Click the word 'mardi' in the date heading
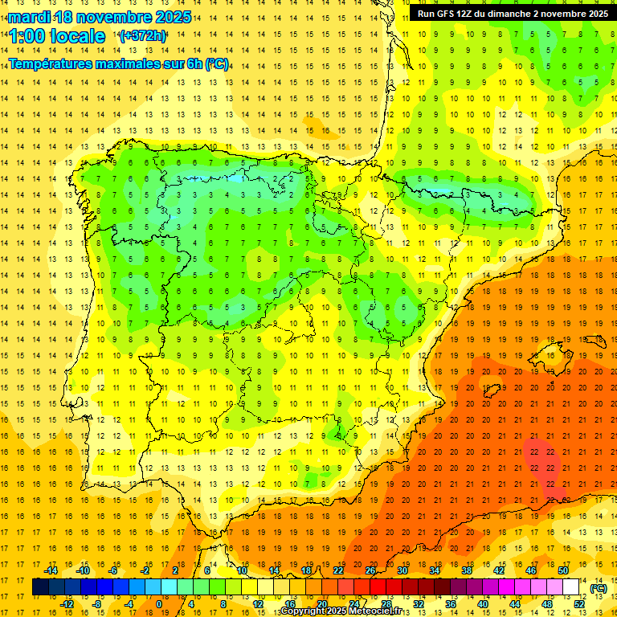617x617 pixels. click(28, 17)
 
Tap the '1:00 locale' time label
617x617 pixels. click(57, 36)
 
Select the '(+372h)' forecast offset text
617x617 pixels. click(142, 36)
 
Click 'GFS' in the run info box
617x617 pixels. click(451, 14)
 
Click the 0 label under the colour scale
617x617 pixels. click(159, 604)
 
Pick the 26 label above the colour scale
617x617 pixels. click(370, 570)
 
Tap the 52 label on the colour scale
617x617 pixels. click(579, 604)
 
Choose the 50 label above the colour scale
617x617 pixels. click(563, 570)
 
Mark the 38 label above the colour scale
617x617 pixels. click(467, 570)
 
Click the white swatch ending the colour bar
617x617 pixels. click(570, 587)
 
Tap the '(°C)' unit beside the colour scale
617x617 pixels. click(599, 588)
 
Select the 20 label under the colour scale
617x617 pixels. click(322, 604)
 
